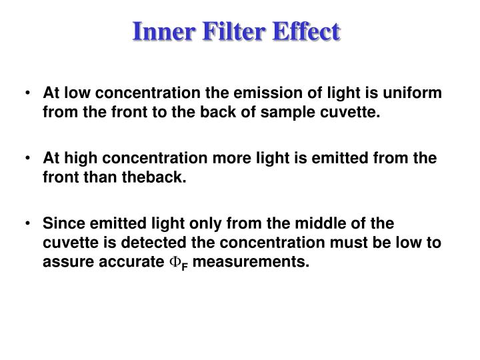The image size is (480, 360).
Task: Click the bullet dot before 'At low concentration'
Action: [27, 94]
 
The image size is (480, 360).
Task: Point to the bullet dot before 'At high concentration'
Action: [27, 158]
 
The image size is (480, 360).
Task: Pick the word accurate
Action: [130, 261]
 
